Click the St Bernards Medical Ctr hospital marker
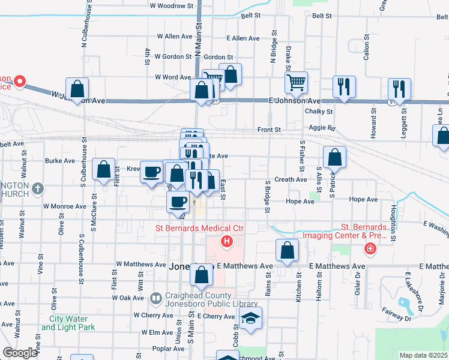point(227,242)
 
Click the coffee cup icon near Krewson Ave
point(151,172)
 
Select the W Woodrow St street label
point(173,5)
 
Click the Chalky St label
point(319,111)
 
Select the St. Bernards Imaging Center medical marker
point(370,248)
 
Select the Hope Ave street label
point(301,201)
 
